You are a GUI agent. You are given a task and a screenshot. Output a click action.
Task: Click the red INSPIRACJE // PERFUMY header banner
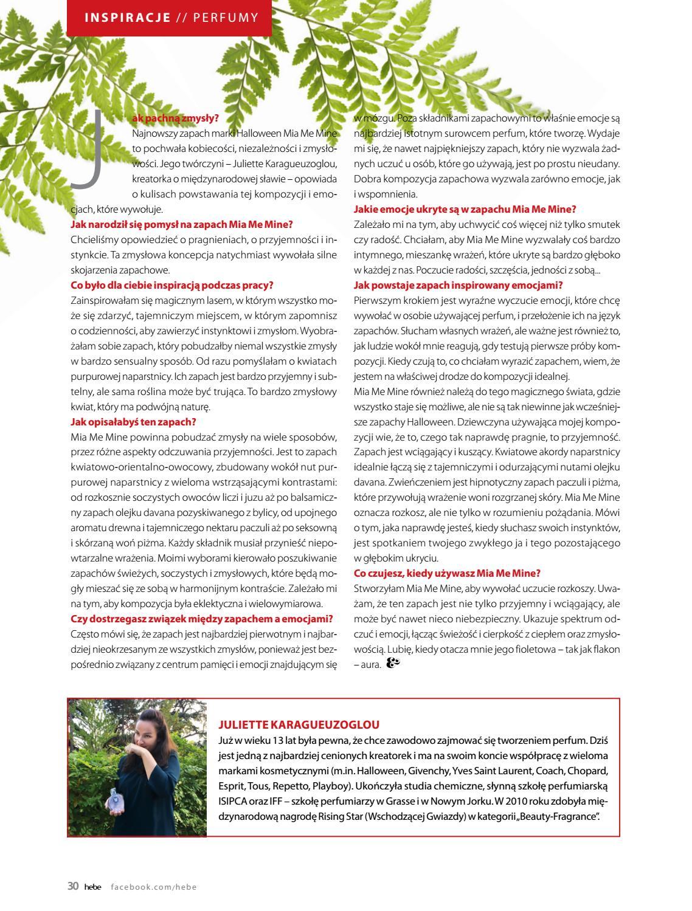[171, 17]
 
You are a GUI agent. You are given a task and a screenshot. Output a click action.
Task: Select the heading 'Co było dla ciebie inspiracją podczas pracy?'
[172, 285]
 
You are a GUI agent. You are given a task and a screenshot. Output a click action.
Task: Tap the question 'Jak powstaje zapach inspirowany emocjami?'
[458, 285]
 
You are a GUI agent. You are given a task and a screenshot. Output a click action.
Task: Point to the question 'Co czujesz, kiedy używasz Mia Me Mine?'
[447, 573]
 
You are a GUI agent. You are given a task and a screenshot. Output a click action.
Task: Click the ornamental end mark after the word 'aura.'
[393, 664]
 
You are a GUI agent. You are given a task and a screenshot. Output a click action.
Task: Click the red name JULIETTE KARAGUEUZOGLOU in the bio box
[299, 724]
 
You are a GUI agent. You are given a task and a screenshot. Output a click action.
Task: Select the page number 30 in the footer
[73, 886]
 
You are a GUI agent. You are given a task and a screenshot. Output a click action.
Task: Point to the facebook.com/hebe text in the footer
[153, 887]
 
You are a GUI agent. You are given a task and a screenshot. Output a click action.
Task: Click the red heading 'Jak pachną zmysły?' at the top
[175, 119]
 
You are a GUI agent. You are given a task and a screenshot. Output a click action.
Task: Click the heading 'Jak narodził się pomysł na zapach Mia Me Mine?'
[182, 224]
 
